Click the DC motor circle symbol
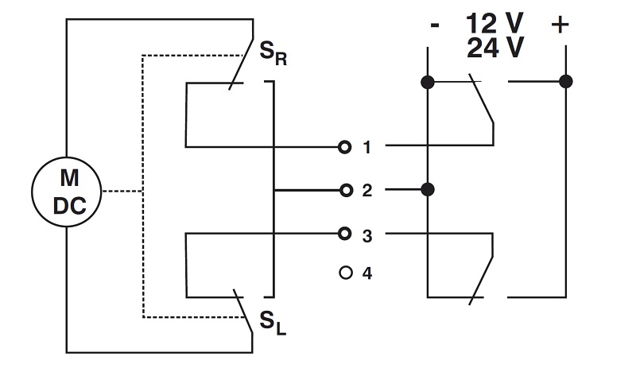[65, 192]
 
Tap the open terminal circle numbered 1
[344, 147]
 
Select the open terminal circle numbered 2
[344, 190]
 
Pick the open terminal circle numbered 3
[344, 234]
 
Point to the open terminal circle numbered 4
[344, 273]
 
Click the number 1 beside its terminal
[366, 147]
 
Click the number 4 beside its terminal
[366, 273]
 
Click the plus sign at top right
[560, 25]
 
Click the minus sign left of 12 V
[434, 25]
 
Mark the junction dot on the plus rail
[566, 81]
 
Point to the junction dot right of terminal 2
[428, 190]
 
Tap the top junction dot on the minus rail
[428, 81]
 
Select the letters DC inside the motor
[65, 204]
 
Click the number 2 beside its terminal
[366, 191]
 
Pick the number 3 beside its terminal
[366, 234]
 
